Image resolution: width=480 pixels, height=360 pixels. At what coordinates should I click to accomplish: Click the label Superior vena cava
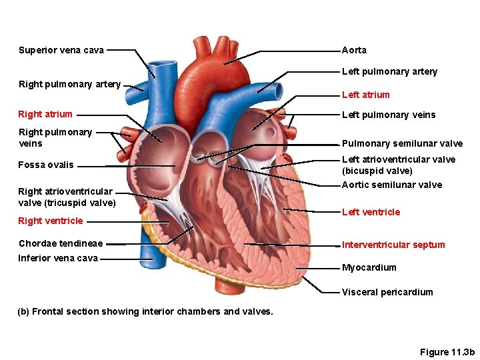[61, 50]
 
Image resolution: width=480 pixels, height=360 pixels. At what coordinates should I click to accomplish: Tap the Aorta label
[354, 50]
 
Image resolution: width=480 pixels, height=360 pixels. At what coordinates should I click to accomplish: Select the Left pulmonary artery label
[389, 72]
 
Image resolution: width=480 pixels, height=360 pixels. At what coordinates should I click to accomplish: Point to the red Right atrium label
[45, 114]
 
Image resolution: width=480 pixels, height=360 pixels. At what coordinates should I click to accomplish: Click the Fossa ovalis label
[46, 165]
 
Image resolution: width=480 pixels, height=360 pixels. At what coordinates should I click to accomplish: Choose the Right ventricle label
[51, 221]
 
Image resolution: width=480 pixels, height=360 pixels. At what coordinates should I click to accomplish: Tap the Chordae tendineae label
[61, 243]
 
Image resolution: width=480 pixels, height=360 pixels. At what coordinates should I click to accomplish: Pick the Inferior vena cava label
[58, 258]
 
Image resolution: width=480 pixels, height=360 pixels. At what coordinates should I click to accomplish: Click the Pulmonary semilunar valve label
[402, 143]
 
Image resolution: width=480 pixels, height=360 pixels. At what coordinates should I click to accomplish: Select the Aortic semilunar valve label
[391, 185]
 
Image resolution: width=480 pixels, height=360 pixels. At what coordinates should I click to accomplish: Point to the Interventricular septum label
[393, 245]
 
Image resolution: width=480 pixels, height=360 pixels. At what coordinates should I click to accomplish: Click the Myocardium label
[369, 267]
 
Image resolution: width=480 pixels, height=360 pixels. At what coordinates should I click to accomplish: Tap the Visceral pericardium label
[387, 292]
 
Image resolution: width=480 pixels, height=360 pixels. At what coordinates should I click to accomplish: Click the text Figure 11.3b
[447, 351]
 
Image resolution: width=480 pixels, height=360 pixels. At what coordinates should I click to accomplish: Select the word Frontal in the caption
[48, 311]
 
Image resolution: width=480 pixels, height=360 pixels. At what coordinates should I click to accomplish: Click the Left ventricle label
[371, 212]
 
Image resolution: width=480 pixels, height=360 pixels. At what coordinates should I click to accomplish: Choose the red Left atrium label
[365, 95]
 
